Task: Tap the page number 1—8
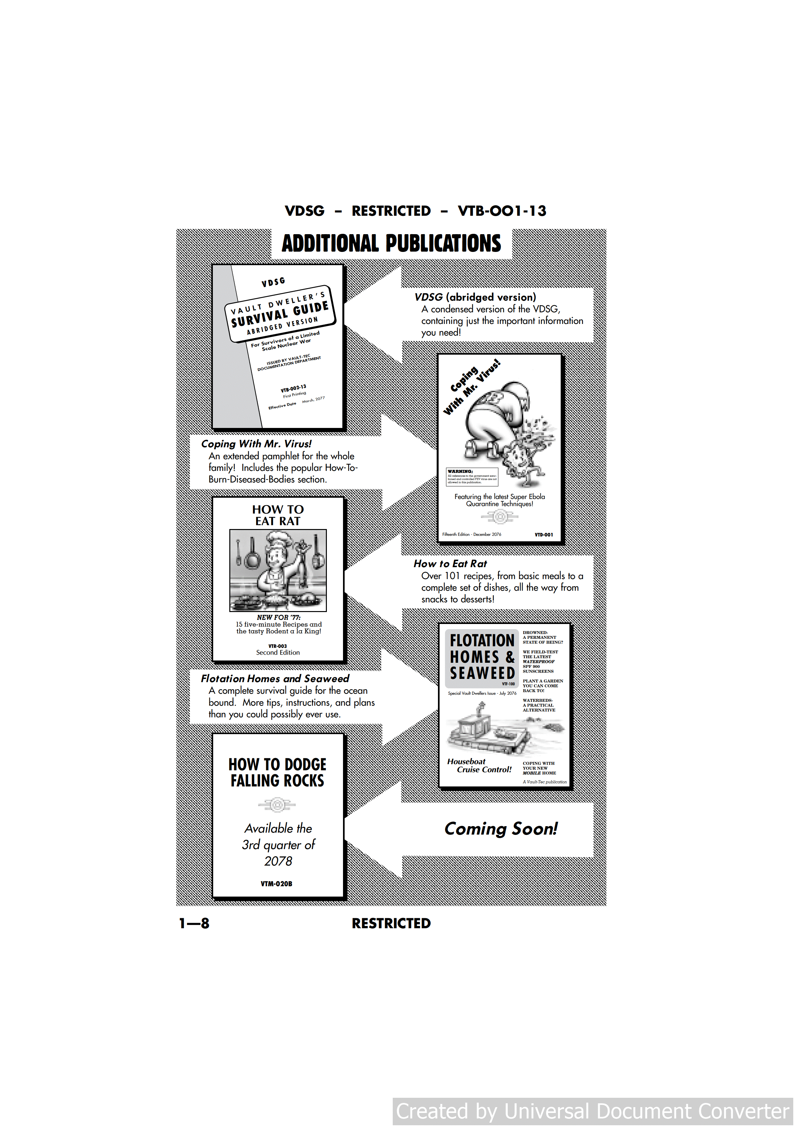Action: [x=194, y=923]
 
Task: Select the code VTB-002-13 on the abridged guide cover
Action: [x=293, y=388]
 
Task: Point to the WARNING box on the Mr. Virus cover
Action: [x=472, y=477]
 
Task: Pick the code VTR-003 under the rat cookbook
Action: [x=277, y=646]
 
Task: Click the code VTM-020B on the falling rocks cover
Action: [x=276, y=884]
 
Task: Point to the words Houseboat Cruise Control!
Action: [x=479, y=766]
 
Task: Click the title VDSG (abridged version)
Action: [x=475, y=297]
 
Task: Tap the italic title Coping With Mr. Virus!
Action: [x=256, y=444]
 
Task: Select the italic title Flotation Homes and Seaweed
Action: [x=275, y=679]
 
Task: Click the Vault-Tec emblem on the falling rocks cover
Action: [x=277, y=805]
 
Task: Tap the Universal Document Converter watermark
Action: [x=592, y=1111]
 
